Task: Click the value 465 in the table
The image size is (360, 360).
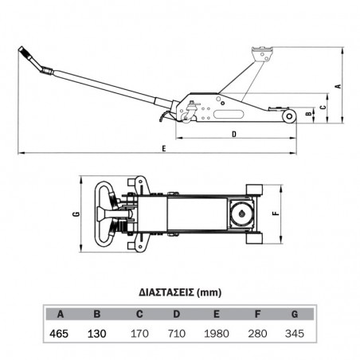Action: [59, 334]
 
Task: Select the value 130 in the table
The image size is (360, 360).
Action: [97, 334]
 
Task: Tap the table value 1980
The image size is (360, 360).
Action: [217, 334]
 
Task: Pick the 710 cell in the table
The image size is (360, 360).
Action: [177, 334]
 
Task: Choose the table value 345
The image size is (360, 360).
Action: [295, 334]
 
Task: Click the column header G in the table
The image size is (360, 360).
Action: [295, 315]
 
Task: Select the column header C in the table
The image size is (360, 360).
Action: [139, 315]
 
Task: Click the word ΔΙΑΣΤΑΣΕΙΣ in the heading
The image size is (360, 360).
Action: [166, 292]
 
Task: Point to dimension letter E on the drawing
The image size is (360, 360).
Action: [164, 148]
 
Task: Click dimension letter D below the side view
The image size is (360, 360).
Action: [234, 135]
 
